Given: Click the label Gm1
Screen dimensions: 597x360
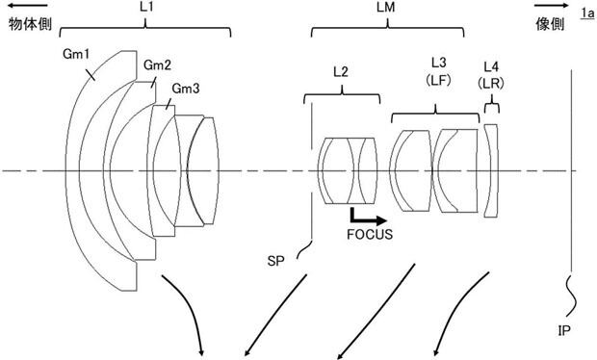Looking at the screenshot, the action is click(x=76, y=55).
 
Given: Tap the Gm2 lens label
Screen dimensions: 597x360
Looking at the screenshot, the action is click(x=157, y=65).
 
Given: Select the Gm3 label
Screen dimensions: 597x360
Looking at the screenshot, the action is click(x=186, y=89).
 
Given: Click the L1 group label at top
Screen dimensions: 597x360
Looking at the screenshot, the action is click(x=146, y=8).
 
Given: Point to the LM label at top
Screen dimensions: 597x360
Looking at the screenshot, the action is click(x=386, y=8).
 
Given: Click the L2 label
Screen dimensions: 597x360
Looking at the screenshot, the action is click(x=341, y=71).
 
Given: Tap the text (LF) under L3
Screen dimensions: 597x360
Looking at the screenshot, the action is click(x=439, y=80).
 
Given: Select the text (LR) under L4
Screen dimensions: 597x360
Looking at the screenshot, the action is click(x=491, y=83).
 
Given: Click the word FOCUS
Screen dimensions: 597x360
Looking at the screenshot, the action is click(x=370, y=235).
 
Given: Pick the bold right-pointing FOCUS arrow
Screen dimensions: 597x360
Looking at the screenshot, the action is click(x=368, y=218).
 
